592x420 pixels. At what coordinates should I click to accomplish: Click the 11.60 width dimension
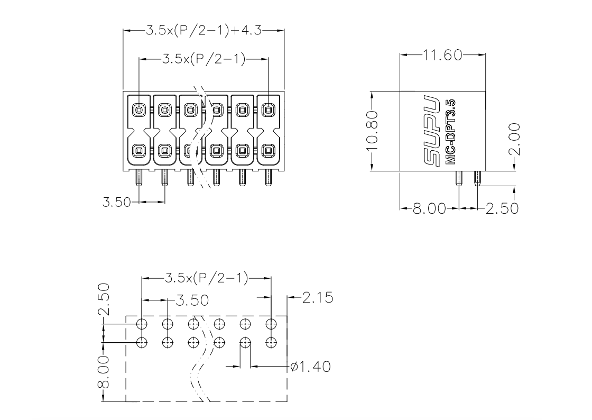click(442, 55)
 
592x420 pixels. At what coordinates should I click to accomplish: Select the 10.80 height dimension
click(372, 131)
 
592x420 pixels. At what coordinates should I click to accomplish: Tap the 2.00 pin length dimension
click(514, 139)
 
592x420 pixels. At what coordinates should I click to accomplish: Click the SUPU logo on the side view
click(431, 131)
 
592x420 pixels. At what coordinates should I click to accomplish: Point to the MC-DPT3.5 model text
click(450, 132)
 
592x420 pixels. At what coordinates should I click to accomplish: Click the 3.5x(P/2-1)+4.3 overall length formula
click(204, 30)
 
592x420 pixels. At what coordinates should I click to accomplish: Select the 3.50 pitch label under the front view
click(117, 202)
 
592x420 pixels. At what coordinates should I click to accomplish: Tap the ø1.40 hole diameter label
click(311, 367)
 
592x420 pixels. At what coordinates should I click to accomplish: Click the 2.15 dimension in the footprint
click(318, 298)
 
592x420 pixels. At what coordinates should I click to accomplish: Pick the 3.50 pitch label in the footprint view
click(192, 300)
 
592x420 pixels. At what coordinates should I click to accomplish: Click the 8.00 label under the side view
click(429, 208)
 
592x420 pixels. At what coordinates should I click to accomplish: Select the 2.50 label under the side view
click(502, 208)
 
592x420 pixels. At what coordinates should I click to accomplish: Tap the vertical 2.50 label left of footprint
click(104, 299)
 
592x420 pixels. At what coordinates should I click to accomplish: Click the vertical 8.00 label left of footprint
click(104, 372)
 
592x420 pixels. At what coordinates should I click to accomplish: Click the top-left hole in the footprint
click(142, 324)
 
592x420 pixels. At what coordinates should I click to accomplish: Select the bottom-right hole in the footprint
click(271, 343)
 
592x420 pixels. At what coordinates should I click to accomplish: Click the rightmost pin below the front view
click(268, 178)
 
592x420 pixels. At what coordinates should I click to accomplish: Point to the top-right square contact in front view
click(268, 110)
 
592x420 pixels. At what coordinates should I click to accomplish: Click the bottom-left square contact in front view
click(139, 151)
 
